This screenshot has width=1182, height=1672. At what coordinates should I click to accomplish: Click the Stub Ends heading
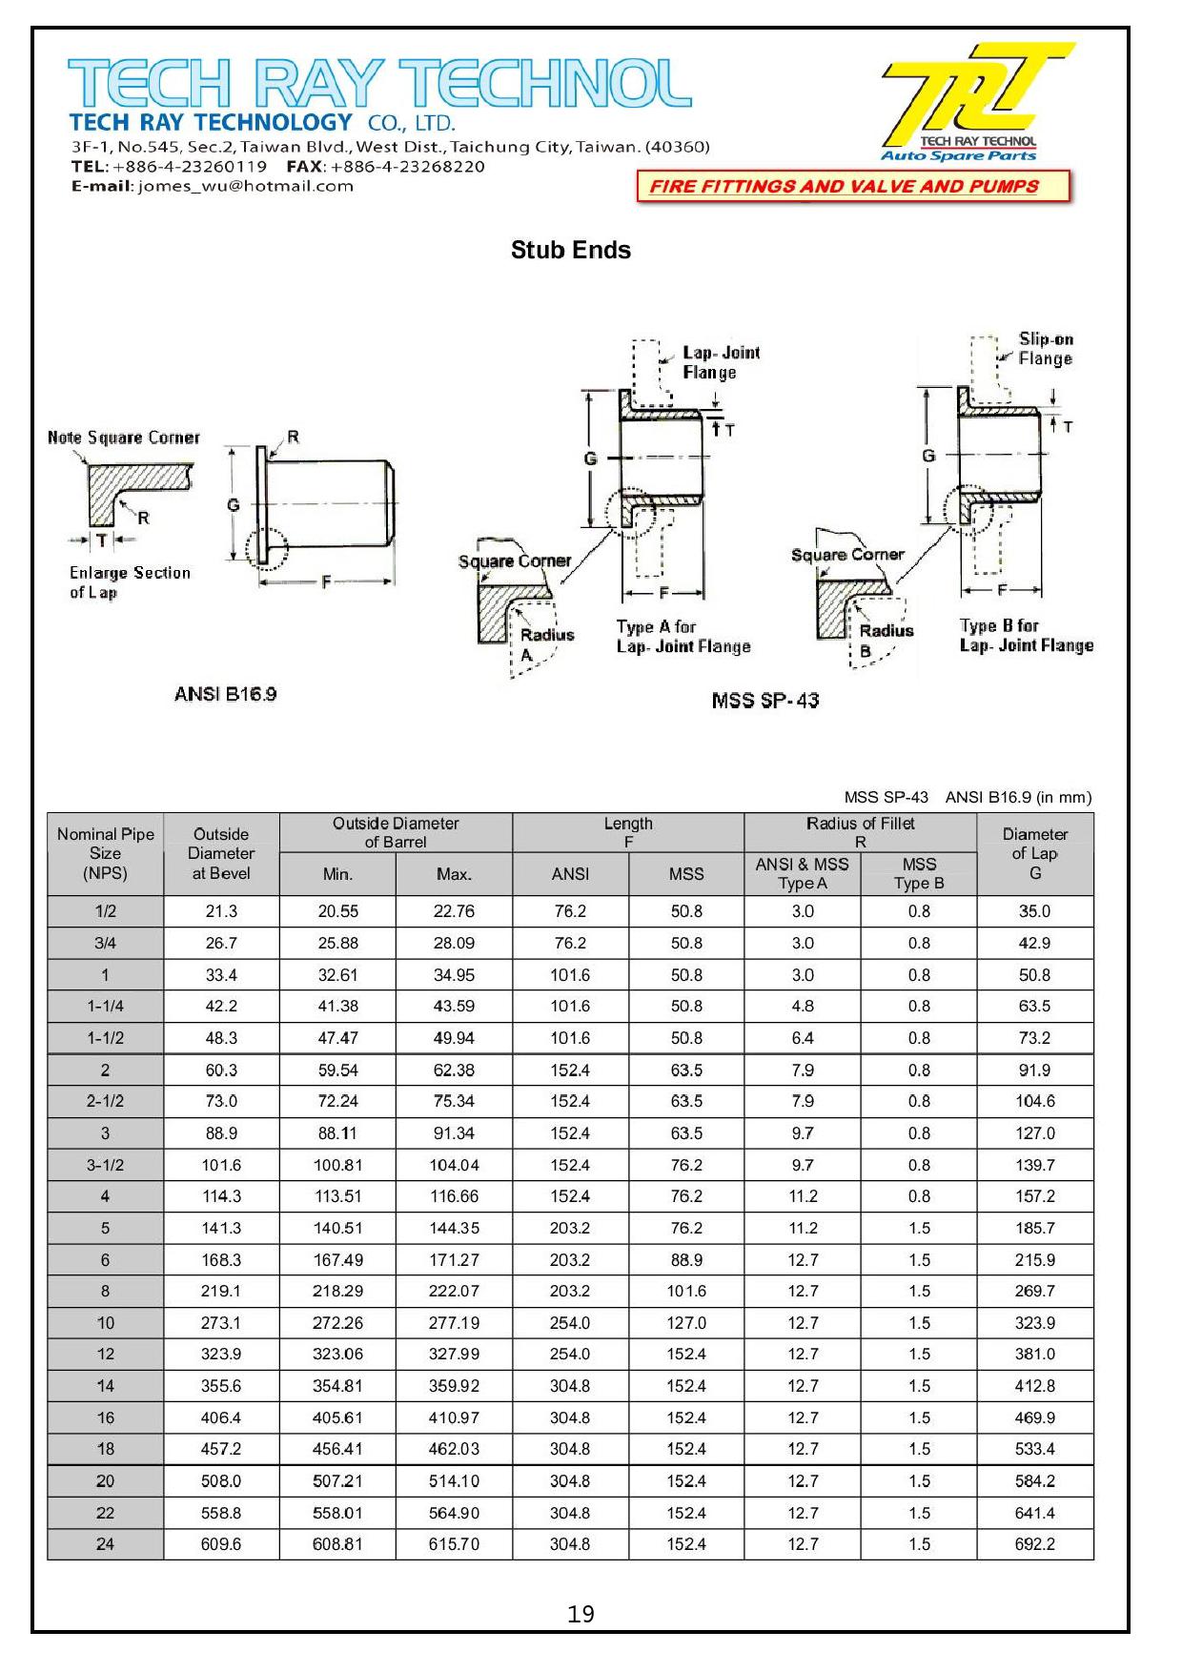[x=570, y=250]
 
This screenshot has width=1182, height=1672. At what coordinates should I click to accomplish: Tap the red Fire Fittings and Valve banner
[x=852, y=187]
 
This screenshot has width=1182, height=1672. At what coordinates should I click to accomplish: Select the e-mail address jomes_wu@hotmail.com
[x=246, y=187]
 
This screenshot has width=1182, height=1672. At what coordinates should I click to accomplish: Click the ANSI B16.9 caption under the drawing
[x=225, y=694]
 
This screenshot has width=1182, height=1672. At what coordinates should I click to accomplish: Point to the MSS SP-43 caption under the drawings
[x=764, y=701]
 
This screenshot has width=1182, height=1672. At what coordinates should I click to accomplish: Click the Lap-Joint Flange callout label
[x=721, y=362]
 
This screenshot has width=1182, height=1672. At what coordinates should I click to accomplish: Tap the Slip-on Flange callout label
[x=1045, y=349]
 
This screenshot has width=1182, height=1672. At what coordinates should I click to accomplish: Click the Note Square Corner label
[x=124, y=438]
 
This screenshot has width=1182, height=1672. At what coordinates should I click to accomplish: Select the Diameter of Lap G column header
[x=1034, y=853]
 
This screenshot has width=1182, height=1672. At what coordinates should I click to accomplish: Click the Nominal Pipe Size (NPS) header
[x=105, y=853]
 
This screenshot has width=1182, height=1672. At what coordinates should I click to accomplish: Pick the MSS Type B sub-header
[x=919, y=873]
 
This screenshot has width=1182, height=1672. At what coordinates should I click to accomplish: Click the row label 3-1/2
[x=105, y=1165]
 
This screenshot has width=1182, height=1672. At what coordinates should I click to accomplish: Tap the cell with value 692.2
[x=1034, y=1544]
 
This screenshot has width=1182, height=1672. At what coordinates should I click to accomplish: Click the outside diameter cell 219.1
[x=221, y=1292]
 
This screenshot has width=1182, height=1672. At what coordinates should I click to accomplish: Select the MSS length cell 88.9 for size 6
[x=686, y=1260]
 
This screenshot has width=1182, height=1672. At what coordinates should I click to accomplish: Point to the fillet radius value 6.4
[x=803, y=1038]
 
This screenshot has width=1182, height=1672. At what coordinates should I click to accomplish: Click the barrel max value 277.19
[x=454, y=1323]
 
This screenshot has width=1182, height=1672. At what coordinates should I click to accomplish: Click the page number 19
[x=581, y=1614]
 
